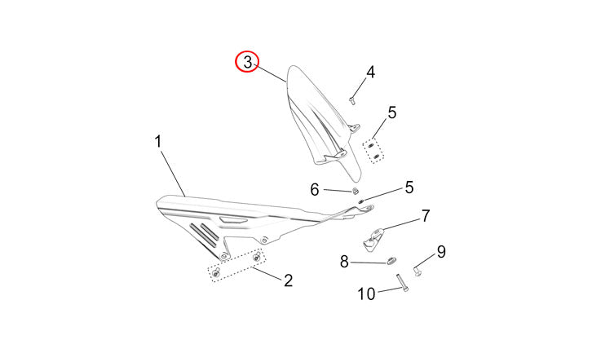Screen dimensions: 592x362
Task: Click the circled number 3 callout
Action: [247, 62]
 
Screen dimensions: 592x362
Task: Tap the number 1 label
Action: [158, 142]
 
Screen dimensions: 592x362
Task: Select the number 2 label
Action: [288, 280]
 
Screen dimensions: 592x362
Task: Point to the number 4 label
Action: [371, 72]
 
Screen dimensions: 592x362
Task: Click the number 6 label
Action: [315, 189]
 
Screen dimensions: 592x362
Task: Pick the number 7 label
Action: [426, 216]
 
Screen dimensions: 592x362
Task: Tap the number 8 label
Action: [344, 262]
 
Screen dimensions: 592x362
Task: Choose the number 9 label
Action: [441, 252]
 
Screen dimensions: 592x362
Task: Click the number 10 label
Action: [366, 294]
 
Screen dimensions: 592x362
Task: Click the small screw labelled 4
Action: [352, 100]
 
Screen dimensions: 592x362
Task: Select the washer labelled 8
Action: [391, 260]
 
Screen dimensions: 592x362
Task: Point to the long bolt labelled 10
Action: [402, 283]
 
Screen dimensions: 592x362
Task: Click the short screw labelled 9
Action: [417, 271]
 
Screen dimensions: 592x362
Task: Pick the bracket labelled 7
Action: [373, 239]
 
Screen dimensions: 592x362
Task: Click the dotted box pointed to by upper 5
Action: [373, 151]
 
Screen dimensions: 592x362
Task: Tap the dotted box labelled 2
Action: [236, 265]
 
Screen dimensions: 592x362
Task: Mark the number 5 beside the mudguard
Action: [392, 113]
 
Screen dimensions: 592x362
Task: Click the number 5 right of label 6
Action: [409, 188]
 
